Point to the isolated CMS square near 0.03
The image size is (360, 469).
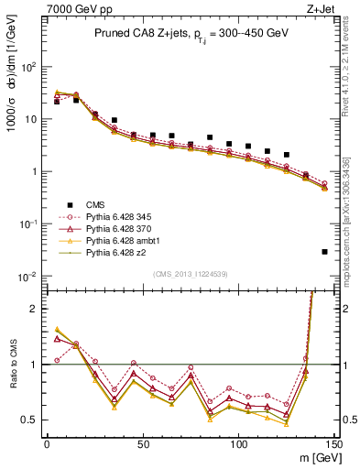(325, 252)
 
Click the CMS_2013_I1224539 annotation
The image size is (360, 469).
(190, 272)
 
